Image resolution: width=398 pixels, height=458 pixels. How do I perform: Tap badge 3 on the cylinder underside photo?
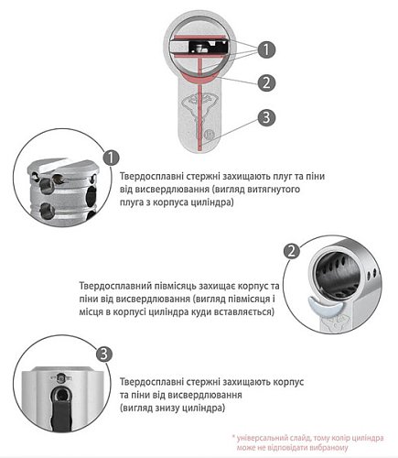pyautogui.click(x=105, y=354)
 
